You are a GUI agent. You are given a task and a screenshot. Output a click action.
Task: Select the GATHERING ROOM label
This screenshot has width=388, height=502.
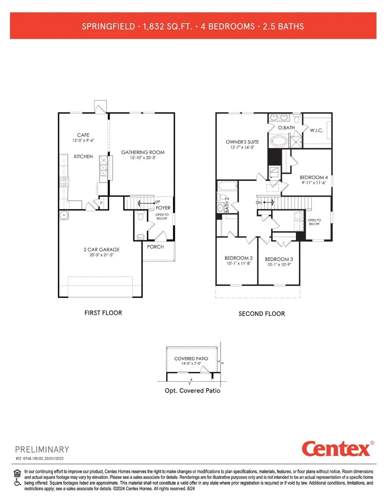pyautogui.click(x=143, y=152)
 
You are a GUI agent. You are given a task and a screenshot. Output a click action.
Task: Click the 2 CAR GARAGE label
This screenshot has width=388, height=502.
pyautogui.click(x=102, y=249)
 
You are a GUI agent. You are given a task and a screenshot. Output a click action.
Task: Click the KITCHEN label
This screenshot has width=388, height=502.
pyautogui.click(x=83, y=156)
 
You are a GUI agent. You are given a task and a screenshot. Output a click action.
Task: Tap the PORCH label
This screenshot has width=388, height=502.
pyautogui.click(x=155, y=247)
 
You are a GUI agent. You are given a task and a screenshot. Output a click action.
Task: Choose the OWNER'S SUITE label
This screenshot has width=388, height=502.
pyautogui.click(x=242, y=142)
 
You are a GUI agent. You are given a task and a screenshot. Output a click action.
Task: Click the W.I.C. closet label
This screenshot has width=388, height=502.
pyautogui.click(x=317, y=129)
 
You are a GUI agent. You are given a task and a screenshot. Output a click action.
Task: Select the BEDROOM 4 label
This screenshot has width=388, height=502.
pyautogui.click(x=311, y=177)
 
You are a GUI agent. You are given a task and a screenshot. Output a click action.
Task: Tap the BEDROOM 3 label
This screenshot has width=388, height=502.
pyautogui.click(x=279, y=259)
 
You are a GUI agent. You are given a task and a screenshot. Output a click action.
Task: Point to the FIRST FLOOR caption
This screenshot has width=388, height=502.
pyautogui.click(x=103, y=312)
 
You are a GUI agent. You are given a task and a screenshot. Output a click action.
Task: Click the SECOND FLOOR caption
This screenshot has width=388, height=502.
pyautogui.click(x=262, y=314)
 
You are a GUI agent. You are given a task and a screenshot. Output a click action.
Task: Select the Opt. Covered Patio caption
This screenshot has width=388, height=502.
pyautogui.click(x=192, y=390)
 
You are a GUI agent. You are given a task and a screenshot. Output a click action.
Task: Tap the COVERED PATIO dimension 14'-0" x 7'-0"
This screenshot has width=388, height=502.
pyautogui.click(x=191, y=364)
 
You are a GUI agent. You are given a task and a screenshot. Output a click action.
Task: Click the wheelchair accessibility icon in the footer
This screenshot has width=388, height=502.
pyautogui.click(x=18, y=483)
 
